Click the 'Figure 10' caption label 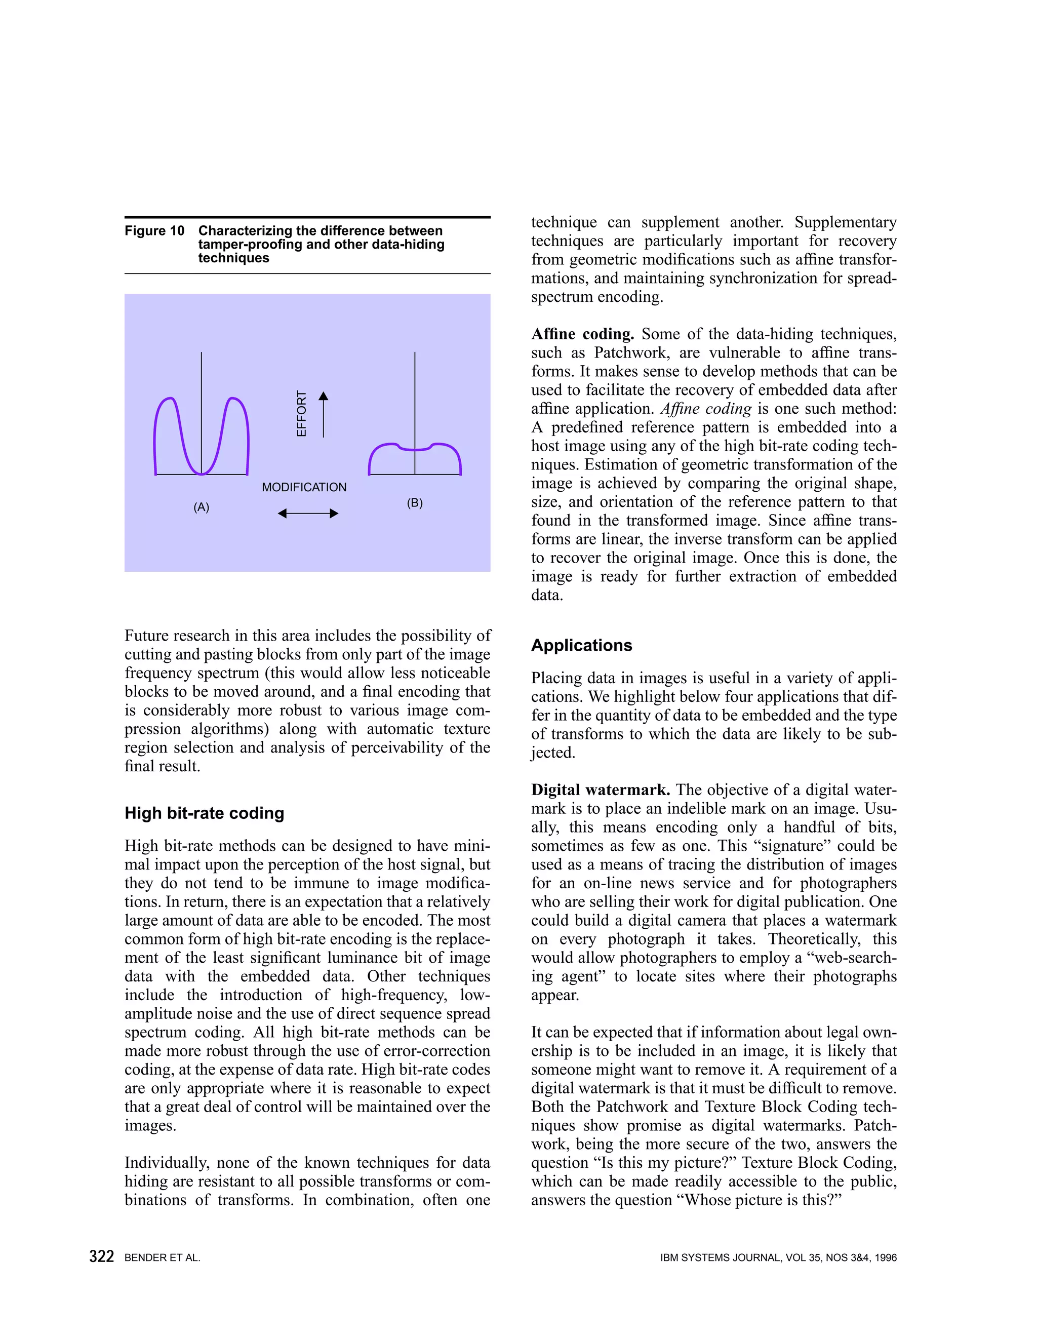[x=154, y=231]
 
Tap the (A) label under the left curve [x=202, y=507]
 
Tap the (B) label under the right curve [x=415, y=503]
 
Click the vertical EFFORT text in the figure [x=302, y=414]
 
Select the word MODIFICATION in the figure [x=304, y=487]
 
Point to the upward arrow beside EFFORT [x=324, y=414]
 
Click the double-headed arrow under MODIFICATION [x=308, y=514]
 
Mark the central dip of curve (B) [x=415, y=450]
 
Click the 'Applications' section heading [x=581, y=645]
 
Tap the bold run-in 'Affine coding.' [x=582, y=334]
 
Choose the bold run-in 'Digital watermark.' [x=600, y=790]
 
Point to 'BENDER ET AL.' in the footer [x=162, y=1258]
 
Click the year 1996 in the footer [x=885, y=1258]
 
